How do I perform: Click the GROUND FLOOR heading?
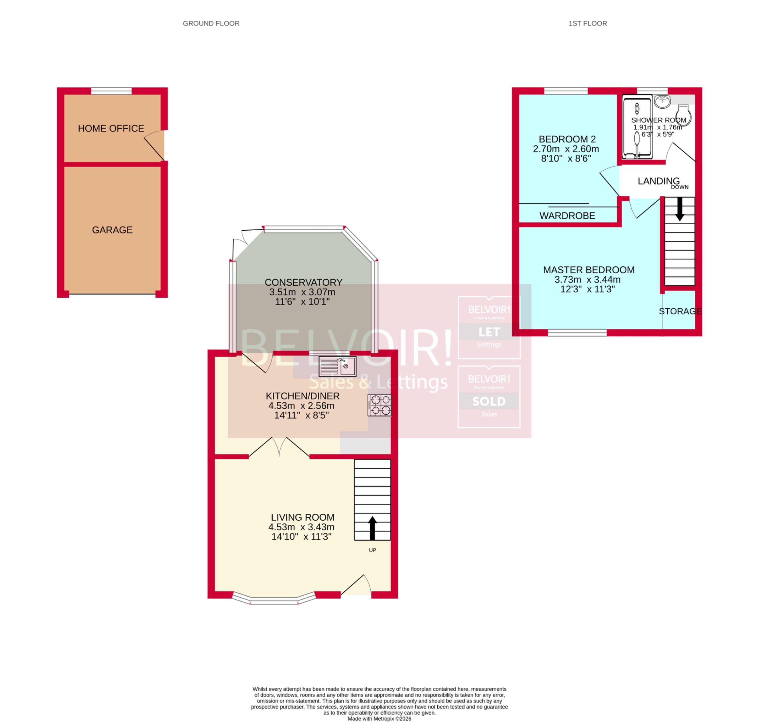point(211,23)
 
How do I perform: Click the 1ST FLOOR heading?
point(587,23)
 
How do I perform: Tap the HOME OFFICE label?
point(111,129)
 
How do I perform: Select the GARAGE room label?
point(112,230)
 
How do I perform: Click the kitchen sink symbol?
point(337,366)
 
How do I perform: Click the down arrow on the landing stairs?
point(679,209)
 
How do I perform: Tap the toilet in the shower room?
point(683,115)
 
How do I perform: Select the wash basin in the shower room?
point(662,102)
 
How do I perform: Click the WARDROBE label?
point(567,216)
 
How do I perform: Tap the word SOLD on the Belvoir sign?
point(489,401)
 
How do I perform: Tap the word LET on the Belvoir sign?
point(489,332)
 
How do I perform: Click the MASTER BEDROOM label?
point(588,270)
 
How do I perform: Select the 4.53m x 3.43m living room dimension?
point(301,527)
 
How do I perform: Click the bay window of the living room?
point(274,600)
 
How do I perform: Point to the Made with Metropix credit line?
point(379,718)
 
